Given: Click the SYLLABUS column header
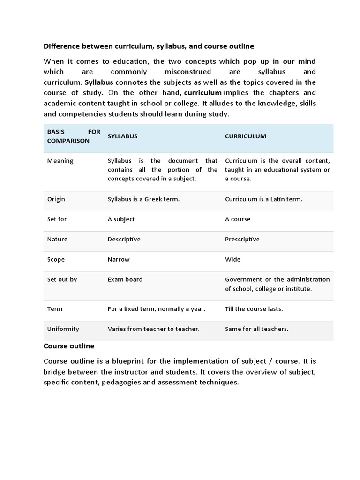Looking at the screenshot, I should click(122, 136).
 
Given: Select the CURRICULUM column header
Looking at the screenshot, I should click(245, 136).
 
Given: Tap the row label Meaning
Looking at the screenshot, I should click(60, 161).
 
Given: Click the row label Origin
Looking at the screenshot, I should click(56, 199).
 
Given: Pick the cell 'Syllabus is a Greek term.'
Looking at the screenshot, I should click(143, 199).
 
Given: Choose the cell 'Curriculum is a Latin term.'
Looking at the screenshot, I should click(263, 199).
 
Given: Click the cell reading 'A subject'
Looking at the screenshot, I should click(121, 219).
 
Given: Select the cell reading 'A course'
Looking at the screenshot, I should click(238, 219).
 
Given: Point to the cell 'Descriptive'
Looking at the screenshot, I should click(124, 239).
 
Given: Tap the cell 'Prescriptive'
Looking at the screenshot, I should click(242, 239).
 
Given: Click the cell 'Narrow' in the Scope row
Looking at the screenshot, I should click(119, 259).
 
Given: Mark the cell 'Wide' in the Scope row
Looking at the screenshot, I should click(232, 259).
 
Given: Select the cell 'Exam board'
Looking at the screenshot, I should click(125, 279).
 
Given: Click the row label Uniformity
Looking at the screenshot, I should click(63, 329).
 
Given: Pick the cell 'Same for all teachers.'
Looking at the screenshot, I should click(256, 329).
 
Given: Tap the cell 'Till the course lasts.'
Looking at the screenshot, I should click(254, 309).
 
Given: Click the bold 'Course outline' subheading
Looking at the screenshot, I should click(69, 346).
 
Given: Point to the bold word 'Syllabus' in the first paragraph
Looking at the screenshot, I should click(99, 82).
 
